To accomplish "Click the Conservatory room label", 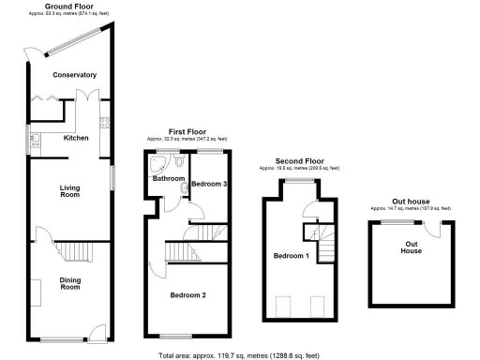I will click(74, 74).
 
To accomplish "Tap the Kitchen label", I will click(76, 137).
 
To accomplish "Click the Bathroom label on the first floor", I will click(169, 178).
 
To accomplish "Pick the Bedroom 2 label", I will click(188, 296).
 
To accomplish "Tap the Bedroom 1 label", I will click(290, 256).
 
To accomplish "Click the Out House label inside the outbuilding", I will click(412, 247).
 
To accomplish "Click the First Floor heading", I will click(187, 132).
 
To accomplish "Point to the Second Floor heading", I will click(299, 161).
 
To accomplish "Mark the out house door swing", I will click(432, 228).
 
